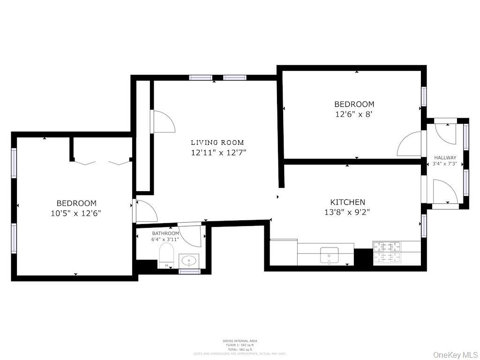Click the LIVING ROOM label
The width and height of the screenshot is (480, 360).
click(217, 142)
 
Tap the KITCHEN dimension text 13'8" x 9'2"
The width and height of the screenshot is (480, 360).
click(347, 211)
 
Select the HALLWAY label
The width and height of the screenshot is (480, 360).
click(445, 157)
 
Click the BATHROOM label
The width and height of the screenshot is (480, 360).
click(165, 233)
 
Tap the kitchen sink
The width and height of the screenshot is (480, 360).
click(329, 256)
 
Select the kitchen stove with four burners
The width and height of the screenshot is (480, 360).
click(387, 253)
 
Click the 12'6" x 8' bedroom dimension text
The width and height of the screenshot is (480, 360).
click(354, 114)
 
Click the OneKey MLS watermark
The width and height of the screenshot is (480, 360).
click(454, 354)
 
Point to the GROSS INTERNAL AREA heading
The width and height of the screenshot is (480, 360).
click(240, 341)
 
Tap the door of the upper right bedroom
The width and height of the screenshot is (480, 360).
click(411, 144)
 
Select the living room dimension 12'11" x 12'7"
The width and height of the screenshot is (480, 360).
click(218, 152)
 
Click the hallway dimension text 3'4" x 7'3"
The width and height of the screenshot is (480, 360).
click(445, 164)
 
